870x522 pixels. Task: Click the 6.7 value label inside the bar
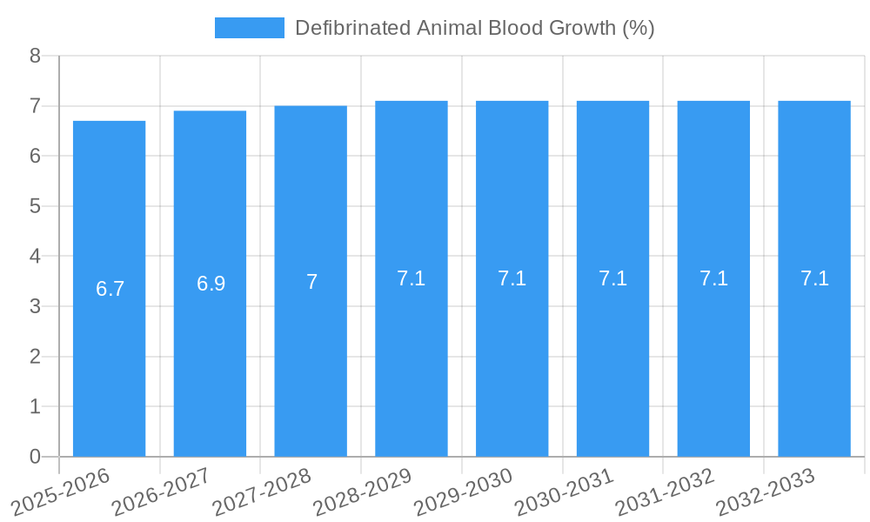(x=110, y=289)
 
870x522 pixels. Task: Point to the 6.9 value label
(x=211, y=284)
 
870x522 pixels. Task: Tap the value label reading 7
(x=311, y=282)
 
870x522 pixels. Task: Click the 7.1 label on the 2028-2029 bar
(x=411, y=278)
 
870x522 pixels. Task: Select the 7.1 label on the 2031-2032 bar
(x=713, y=278)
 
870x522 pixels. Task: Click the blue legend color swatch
(x=249, y=28)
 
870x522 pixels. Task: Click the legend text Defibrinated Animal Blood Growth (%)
(x=474, y=28)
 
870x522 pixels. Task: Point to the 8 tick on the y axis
(x=35, y=56)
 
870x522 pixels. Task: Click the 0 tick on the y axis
(x=35, y=457)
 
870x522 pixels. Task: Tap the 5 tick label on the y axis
(x=35, y=206)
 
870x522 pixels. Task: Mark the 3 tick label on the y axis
(x=35, y=306)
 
